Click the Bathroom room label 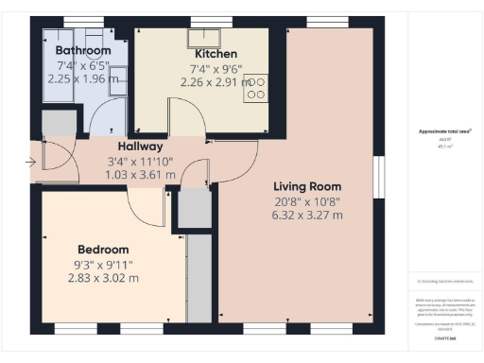(83, 50)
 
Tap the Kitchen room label (216, 54)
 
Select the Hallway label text (141, 147)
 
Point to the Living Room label (307, 185)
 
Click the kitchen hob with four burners (255, 88)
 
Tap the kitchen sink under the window (202, 38)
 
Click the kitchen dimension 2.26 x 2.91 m (216, 81)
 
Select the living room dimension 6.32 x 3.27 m (307, 216)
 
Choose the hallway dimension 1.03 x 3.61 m (141, 175)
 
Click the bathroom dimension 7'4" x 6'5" (83, 65)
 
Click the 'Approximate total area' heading (444, 131)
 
